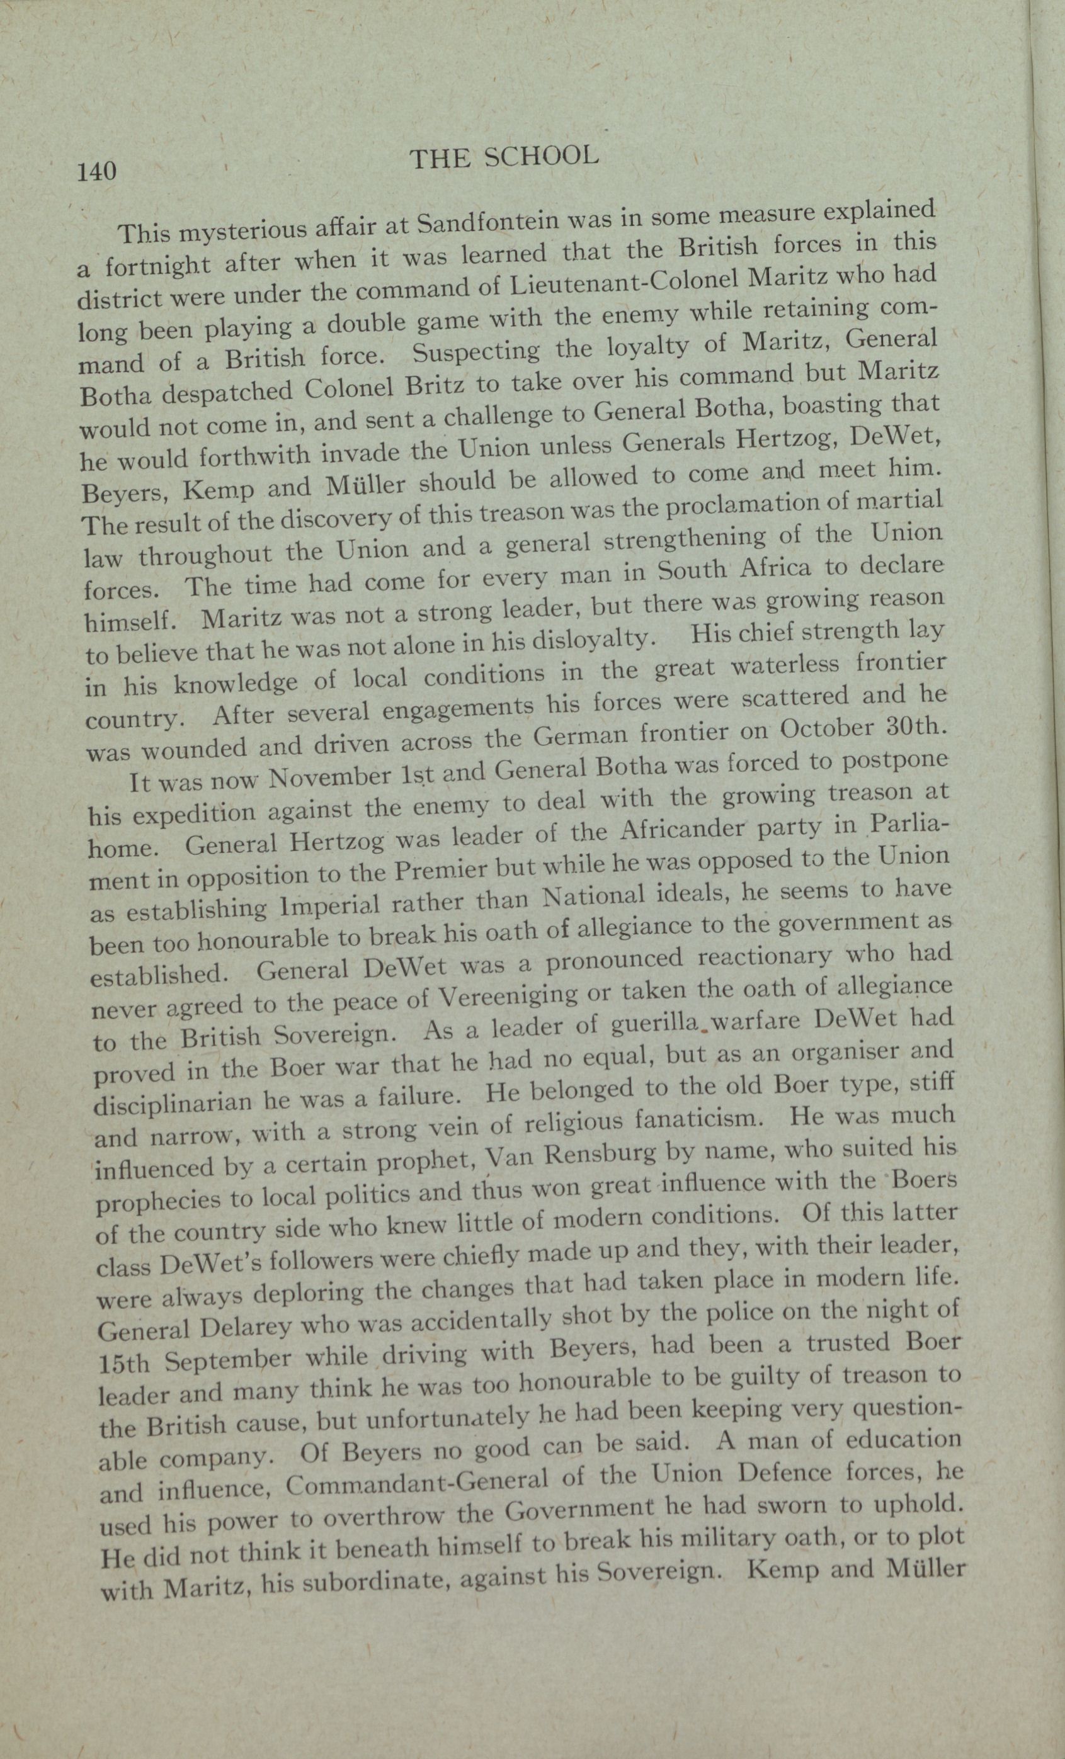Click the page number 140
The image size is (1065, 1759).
[x=97, y=172]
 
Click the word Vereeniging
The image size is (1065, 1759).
[x=508, y=998]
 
